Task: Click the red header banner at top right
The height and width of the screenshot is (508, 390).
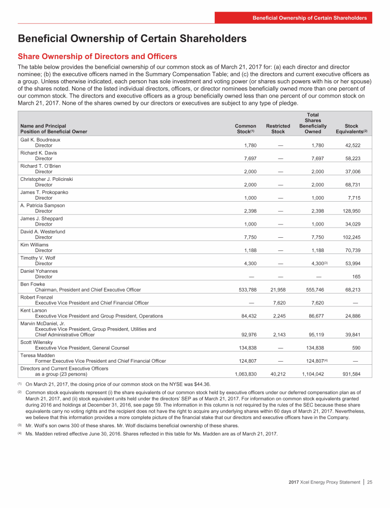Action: click(310, 18)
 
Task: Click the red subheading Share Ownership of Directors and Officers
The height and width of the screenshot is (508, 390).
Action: click(97, 56)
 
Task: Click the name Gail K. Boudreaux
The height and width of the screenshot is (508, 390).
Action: click(40, 139)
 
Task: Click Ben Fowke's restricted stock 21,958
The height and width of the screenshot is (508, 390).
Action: click(279, 290)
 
